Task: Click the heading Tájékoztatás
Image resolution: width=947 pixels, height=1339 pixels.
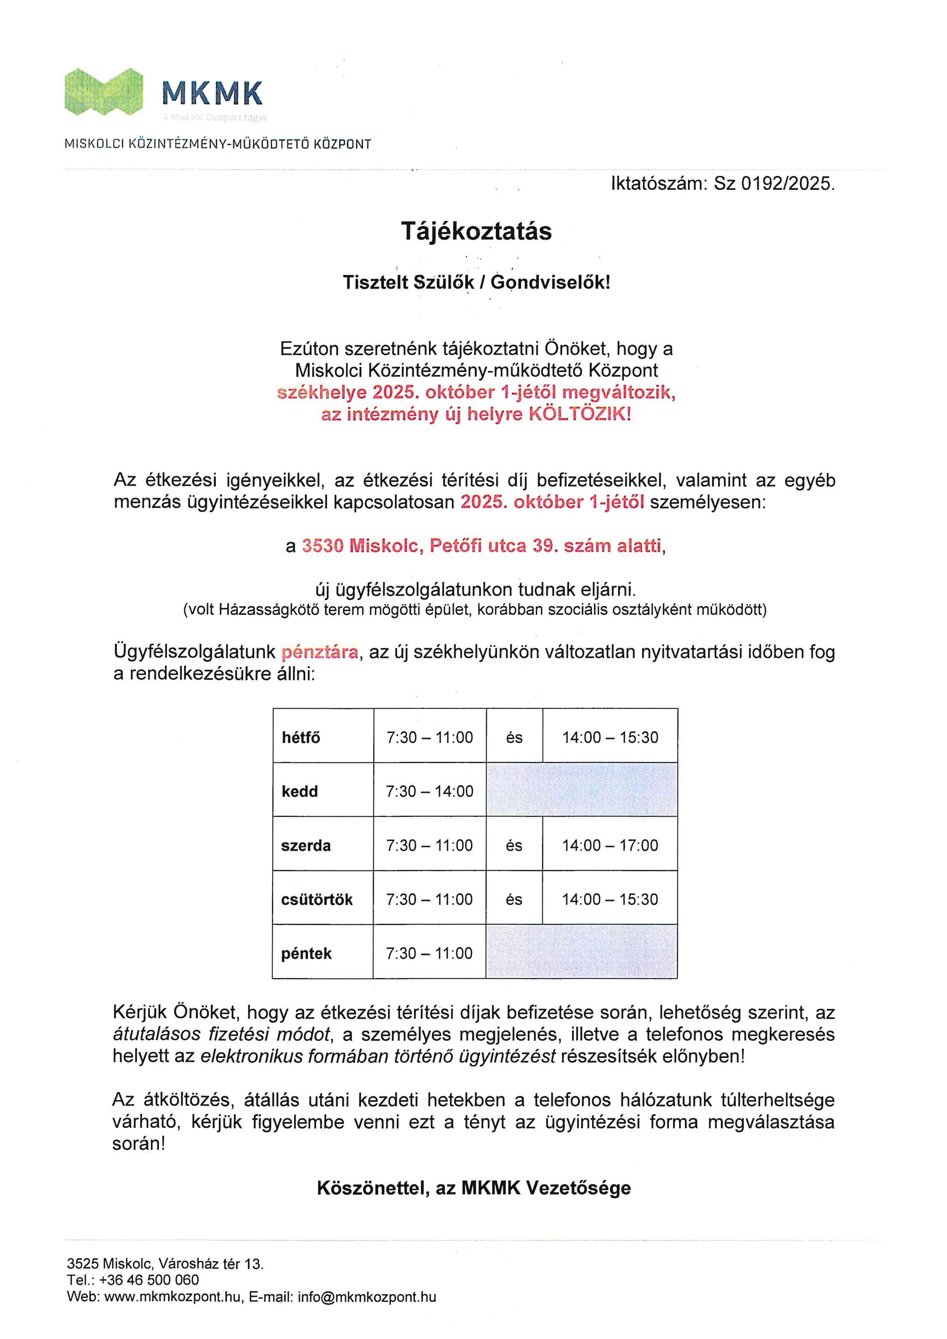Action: pos(476,231)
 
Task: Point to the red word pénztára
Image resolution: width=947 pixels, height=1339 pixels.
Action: pos(320,652)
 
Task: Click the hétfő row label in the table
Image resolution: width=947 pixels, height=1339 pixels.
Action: pos(301,738)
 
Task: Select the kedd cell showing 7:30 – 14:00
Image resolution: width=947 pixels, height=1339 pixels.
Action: pos(429,791)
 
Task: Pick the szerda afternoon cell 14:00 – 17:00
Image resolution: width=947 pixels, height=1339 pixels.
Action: pos(610,846)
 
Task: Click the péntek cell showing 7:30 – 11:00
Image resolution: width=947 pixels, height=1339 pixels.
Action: pos(429,953)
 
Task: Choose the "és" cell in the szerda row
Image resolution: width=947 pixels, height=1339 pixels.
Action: pos(514,846)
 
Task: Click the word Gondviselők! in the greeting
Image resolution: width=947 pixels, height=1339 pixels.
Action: pos(551,283)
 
